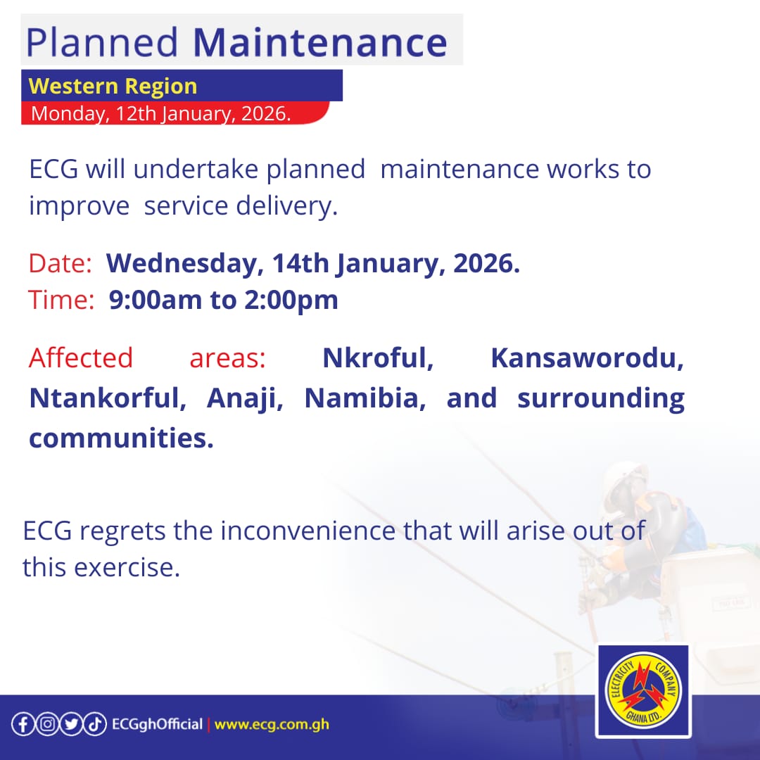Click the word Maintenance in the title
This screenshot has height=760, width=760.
(x=319, y=42)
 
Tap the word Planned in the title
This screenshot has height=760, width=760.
(x=103, y=42)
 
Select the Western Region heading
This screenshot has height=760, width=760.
(x=113, y=87)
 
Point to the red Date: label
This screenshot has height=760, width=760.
(x=61, y=264)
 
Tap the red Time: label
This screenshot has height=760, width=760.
(x=62, y=300)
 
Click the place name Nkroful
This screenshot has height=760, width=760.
(x=378, y=358)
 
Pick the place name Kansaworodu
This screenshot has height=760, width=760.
(x=587, y=358)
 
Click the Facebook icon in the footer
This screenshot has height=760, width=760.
(x=23, y=724)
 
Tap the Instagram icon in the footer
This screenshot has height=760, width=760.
(x=46, y=724)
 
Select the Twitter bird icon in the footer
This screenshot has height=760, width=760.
(x=70, y=724)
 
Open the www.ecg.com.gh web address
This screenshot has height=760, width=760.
(x=272, y=724)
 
